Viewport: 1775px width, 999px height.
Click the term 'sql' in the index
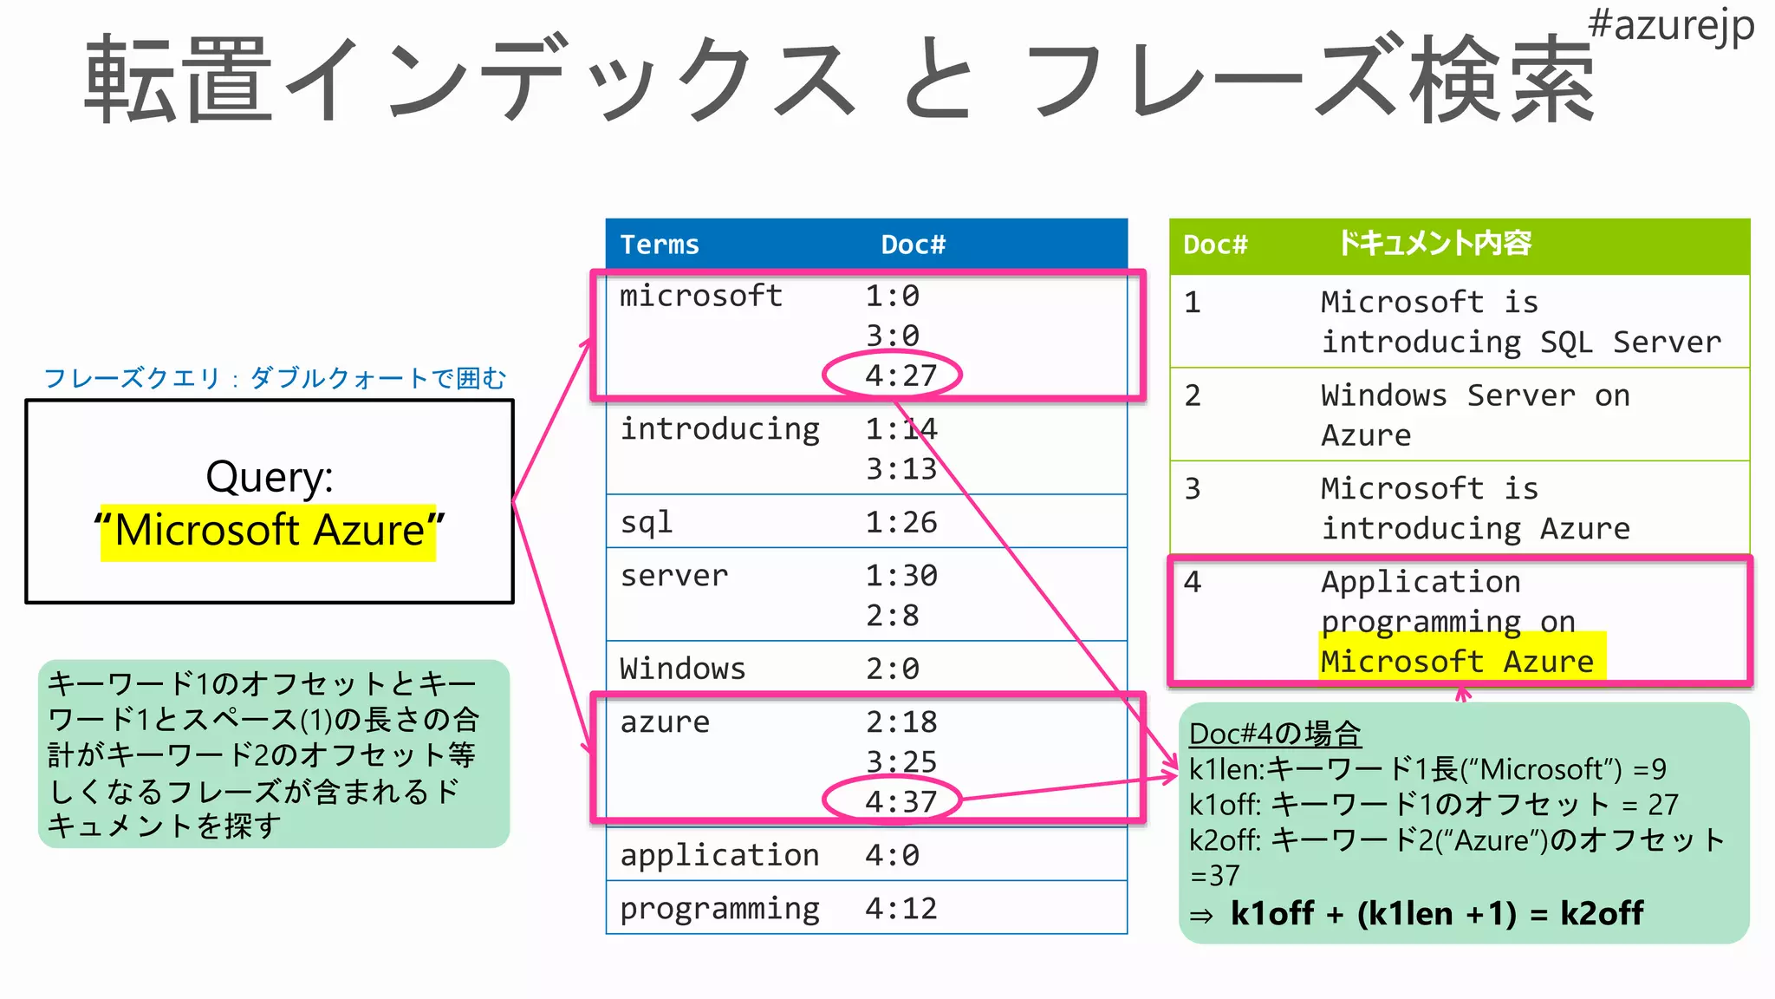647,522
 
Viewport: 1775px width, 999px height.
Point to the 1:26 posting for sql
901,522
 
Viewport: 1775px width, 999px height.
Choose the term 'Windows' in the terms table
683,669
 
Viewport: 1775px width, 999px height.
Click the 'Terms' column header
660,245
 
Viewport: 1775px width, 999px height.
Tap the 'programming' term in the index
719,909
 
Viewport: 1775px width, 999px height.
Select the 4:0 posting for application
892,855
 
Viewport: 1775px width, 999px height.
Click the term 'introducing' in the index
719,429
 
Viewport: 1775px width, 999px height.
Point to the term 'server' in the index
674,576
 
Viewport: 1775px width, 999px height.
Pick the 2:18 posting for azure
901,721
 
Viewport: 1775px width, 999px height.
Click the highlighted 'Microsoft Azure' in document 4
1458,662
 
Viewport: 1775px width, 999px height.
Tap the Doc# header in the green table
1215,245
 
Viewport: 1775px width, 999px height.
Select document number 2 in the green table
1193,395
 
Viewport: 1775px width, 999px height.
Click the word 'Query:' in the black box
270,477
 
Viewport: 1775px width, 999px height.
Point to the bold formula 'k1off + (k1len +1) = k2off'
1436,913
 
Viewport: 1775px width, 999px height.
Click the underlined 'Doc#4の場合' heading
1275,734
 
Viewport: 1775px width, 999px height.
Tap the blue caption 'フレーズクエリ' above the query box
132,378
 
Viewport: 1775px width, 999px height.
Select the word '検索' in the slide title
1501,80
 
